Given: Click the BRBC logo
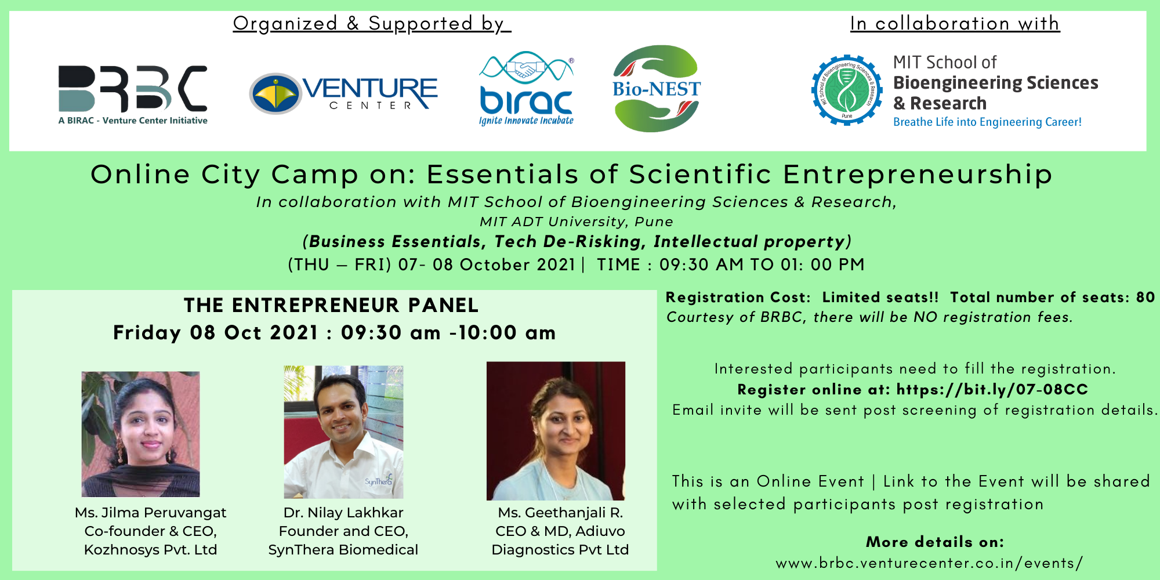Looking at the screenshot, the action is pos(133,95).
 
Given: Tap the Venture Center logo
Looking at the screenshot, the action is pos(343,93).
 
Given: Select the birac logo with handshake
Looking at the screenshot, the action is pos(526,88).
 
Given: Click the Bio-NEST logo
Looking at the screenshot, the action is pos(657,88).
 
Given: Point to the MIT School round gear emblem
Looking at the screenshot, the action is pos(846,90).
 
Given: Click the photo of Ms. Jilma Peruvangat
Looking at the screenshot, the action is pos(140,434).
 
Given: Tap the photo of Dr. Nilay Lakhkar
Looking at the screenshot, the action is pos(343,432).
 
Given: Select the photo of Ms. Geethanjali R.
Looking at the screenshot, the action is pos(556,431).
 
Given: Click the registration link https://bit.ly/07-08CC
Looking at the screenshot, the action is pos(992,389).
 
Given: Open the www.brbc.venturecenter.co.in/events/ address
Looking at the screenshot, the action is pos(929,563).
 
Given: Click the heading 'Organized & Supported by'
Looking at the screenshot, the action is pos(372,23).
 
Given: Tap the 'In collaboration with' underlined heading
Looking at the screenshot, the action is pos(955,23).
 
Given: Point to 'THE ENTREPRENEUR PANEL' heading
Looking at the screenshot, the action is pos(331,305).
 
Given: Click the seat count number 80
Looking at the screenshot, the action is pos(1145,297).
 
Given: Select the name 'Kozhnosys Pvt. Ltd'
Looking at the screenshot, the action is pos(150,550).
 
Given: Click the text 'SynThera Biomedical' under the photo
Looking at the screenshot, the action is pos(343,550).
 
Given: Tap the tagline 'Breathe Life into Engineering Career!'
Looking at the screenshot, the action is pos(987,122).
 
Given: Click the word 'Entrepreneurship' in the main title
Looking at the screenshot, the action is pos(918,175).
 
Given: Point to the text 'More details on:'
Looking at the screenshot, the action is pos(935,542).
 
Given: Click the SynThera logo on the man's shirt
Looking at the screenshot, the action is pos(379,481).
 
